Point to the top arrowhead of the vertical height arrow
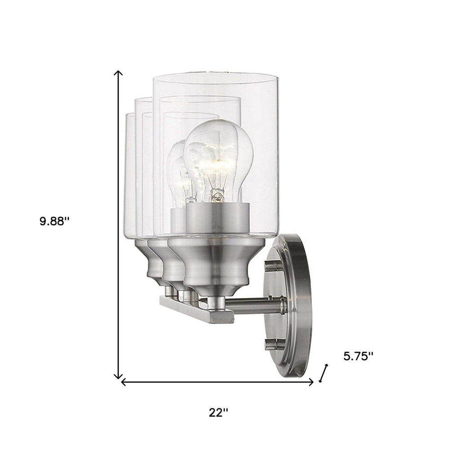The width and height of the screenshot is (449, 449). (x=119, y=73)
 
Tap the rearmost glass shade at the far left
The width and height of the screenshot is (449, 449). (x=130, y=180)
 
